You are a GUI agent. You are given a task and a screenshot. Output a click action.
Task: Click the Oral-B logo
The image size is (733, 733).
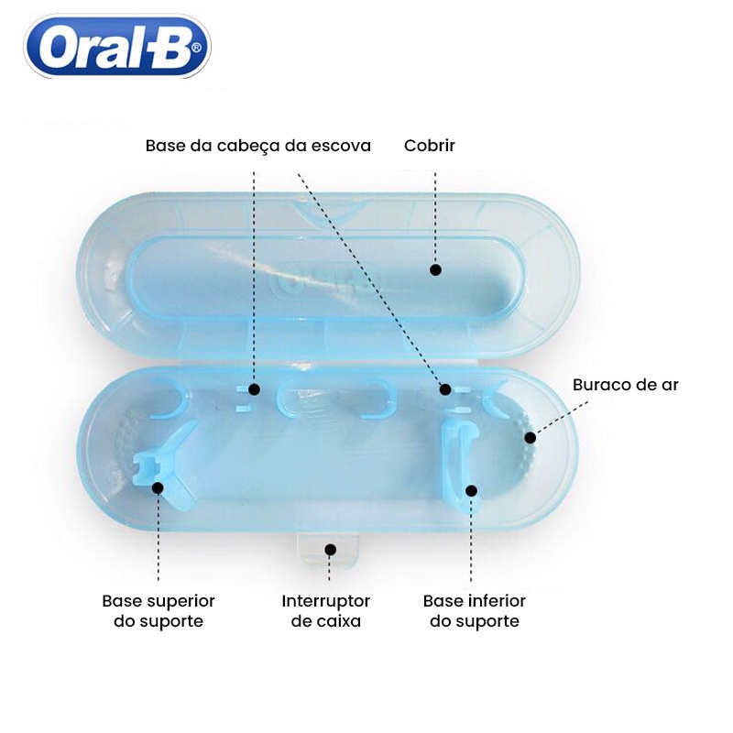tap(117, 47)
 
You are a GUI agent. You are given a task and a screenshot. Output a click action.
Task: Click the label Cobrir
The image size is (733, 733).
tap(429, 146)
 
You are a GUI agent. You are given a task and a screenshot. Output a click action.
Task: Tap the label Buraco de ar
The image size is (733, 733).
tap(625, 385)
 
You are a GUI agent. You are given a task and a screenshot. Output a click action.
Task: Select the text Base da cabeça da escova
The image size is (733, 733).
tap(258, 146)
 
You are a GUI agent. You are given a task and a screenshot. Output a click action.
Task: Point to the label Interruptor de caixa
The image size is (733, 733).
tap(326, 611)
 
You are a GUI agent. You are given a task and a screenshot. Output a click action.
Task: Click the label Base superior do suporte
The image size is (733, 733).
tap(159, 611)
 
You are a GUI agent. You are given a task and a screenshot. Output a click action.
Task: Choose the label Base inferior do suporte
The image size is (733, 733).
tap(475, 611)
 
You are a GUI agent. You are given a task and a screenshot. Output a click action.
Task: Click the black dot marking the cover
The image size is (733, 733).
tap(436, 269)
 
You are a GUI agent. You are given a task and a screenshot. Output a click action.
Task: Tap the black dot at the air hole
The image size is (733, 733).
tap(531, 438)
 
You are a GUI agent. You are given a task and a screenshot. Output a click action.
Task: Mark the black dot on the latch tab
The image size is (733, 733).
tap(331, 550)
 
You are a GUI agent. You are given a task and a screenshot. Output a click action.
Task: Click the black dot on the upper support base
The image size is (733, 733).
tap(158, 488)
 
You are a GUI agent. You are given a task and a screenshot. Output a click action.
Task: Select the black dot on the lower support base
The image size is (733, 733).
tap(471, 491)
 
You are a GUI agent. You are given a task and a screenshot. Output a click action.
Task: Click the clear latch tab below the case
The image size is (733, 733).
tap(328, 551)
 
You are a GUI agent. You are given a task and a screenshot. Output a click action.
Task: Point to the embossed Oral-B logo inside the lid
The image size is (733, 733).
tap(327, 282)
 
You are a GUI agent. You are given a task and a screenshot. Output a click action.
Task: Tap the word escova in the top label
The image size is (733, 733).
tap(341, 146)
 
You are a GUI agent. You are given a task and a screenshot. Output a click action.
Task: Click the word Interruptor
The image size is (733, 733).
tap(326, 601)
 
